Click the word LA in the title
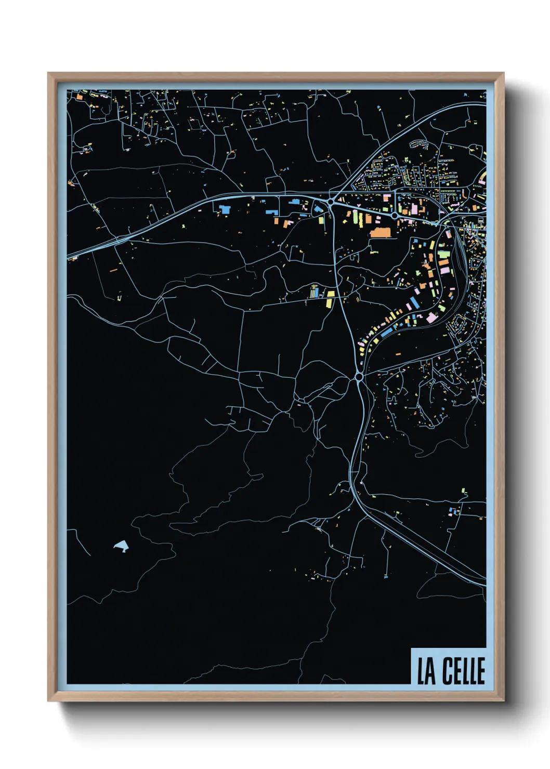click(427, 671)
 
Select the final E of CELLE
click(481, 671)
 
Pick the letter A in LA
click(431, 672)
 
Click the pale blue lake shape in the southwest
click(122, 546)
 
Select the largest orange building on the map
click(380, 232)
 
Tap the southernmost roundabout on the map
click(358, 376)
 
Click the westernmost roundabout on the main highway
click(331, 201)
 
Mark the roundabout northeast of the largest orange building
click(395, 215)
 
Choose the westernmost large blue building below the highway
click(225, 209)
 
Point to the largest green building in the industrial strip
click(443, 255)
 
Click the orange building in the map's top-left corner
click(80, 96)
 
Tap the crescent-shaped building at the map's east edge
click(482, 179)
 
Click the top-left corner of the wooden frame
click(49, 74)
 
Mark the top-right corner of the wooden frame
click(503, 74)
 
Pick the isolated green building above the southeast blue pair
click(464, 490)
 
